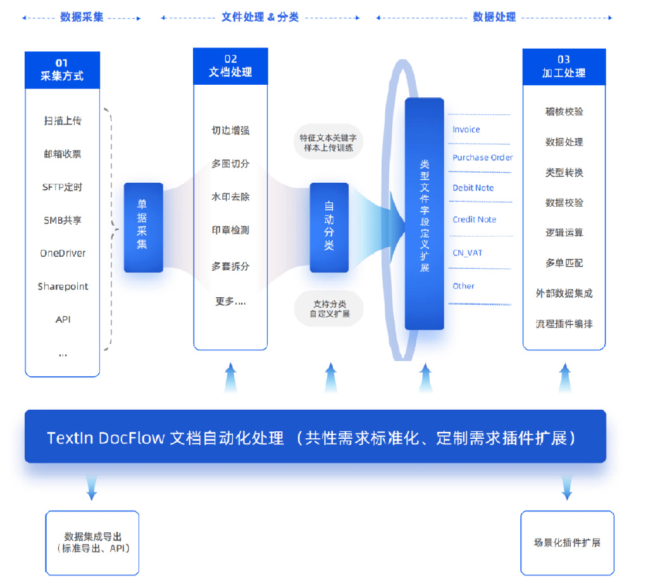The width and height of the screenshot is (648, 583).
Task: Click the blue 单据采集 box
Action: pyautogui.click(x=143, y=228)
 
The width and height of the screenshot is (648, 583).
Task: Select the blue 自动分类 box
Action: pyautogui.click(x=329, y=228)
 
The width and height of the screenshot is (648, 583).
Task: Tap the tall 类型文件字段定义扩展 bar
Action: pyautogui.click(x=424, y=214)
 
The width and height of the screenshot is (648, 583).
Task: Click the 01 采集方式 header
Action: pyautogui.click(x=62, y=70)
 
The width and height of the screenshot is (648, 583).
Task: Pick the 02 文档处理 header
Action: pyautogui.click(x=230, y=66)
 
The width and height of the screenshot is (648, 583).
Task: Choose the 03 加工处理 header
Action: pyautogui.click(x=564, y=66)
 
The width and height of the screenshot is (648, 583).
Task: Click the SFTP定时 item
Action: pyautogui.click(x=62, y=187)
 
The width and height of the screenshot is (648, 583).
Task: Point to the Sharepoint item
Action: pyautogui.click(x=63, y=286)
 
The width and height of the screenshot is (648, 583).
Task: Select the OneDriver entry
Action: pyautogui.click(x=63, y=253)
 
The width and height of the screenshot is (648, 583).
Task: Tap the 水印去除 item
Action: pyautogui.click(x=230, y=197)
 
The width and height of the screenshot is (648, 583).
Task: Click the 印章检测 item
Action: pyautogui.click(x=230, y=230)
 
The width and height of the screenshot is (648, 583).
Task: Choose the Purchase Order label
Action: pyautogui.click(x=482, y=157)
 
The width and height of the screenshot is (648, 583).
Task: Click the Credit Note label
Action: pyautogui.click(x=474, y=219)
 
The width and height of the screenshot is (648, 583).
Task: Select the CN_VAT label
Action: pyautogui.click(x=467, y=253)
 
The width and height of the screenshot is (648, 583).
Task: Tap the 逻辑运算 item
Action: pyautogui.click(x=564, y=233)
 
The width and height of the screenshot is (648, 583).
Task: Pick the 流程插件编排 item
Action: pyautogui.click(x=564, y=324)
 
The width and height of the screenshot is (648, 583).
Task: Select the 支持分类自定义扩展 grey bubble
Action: pyautogui.click(x=329, y=309)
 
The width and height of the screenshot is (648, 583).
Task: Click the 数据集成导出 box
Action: pyautogui.click(x=92, y=543)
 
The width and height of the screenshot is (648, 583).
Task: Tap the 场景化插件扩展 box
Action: pyautogui.click(x=567, y=543)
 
